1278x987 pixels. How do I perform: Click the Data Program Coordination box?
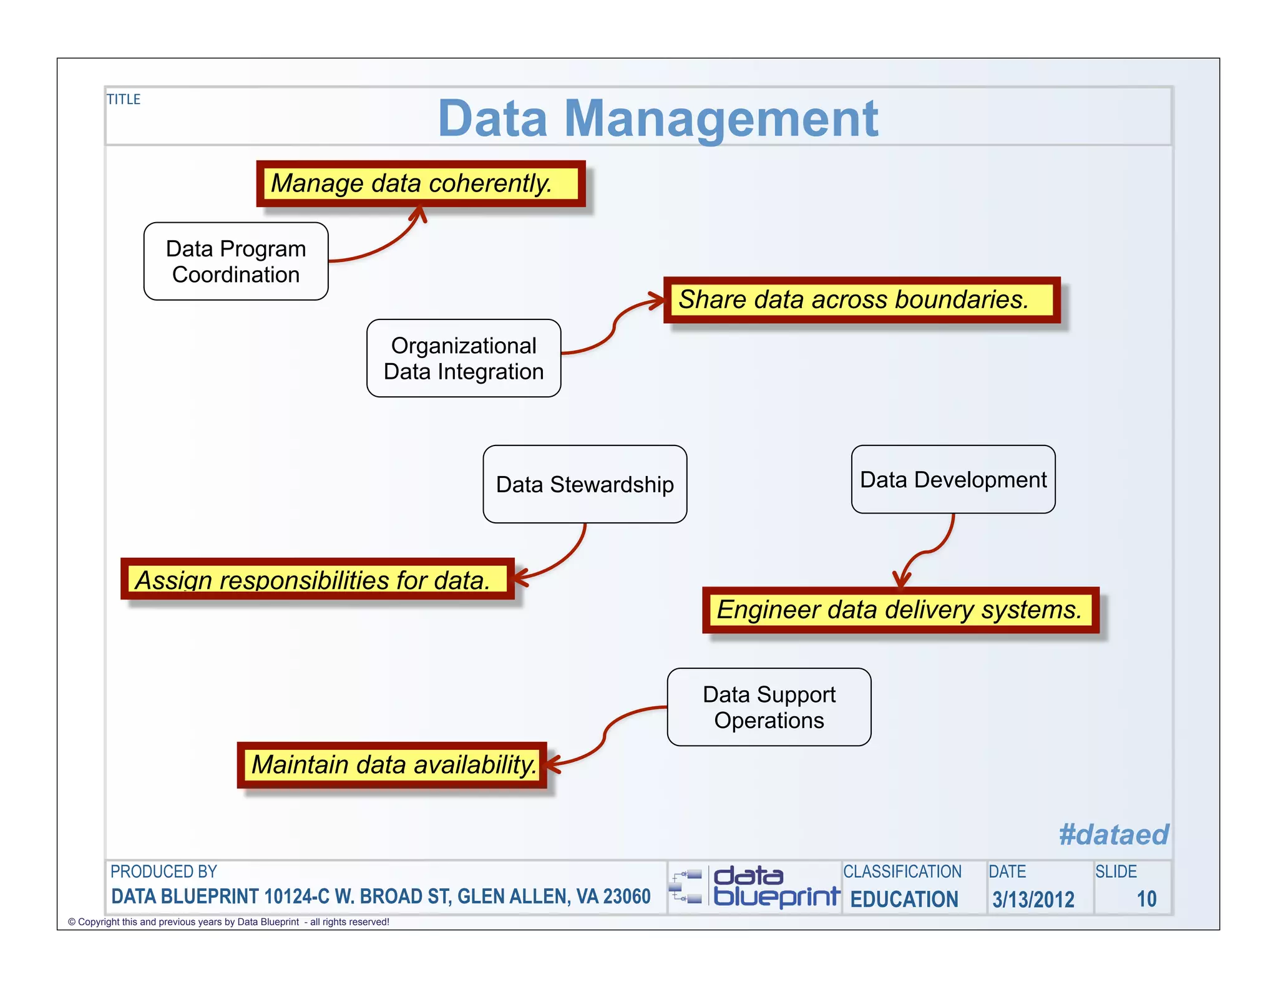point(236,261)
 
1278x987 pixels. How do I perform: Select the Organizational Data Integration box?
point(464,358)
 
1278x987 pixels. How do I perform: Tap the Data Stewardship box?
point(585,484)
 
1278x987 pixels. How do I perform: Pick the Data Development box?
point(953,479)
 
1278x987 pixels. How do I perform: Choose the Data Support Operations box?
point(769,707)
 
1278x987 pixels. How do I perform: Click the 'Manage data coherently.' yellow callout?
point(420,183)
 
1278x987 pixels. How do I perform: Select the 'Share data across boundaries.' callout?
point(861,299)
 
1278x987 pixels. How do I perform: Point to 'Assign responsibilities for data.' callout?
point(317,579)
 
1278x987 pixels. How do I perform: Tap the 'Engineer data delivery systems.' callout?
point(900,610)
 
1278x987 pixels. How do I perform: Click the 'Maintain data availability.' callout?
point(393,764)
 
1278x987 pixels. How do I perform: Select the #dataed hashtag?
point(1113,834)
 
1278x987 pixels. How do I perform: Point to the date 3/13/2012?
point(1033,899)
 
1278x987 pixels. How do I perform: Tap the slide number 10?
point(1146,899)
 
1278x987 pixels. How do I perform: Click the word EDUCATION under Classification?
point(904,899)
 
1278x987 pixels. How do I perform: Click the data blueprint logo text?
point(776,887)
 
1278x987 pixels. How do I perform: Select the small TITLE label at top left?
point(124,99)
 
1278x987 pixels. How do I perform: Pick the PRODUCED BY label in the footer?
point(163,872)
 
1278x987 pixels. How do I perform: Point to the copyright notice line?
point(228,922)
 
